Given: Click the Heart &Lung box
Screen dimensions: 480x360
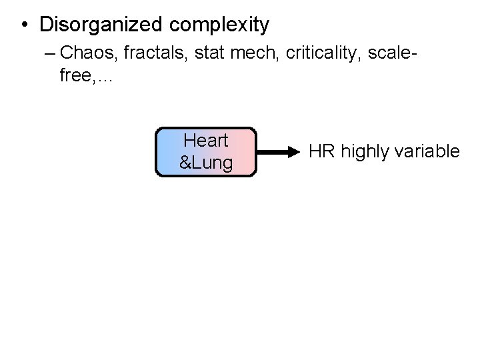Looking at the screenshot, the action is point(206,152).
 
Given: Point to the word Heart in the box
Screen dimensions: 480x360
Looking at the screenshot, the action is point(206,141).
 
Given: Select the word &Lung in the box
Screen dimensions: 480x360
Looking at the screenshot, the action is point(206,163).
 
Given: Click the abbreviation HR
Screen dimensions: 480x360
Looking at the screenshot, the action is point(323,152).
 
